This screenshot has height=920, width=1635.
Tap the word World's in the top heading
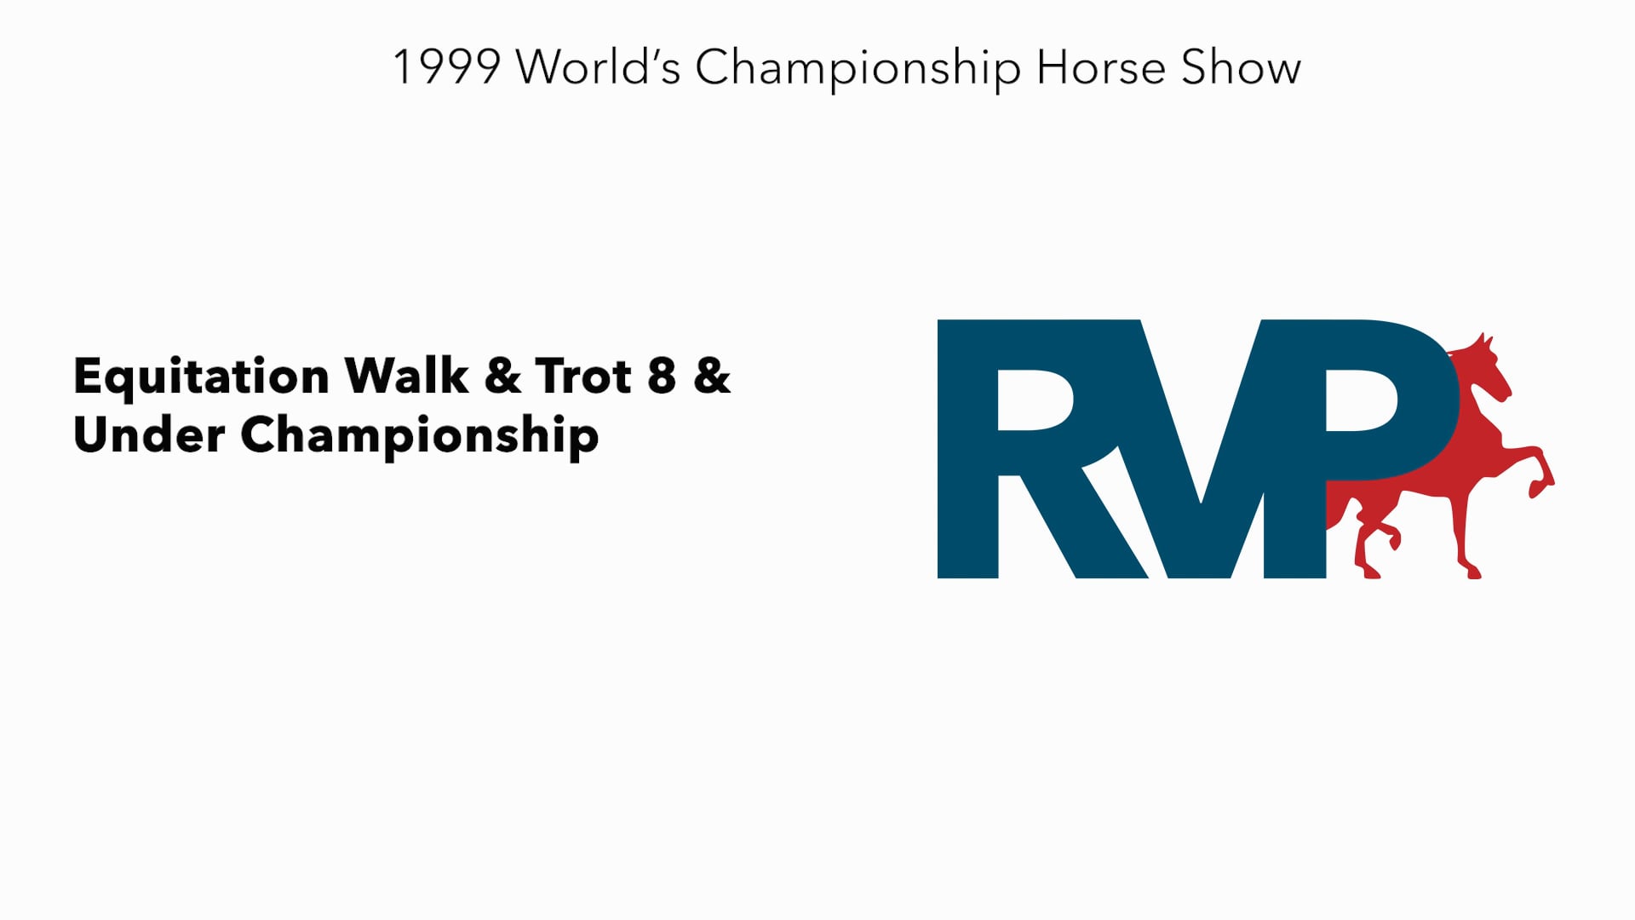click(x=598, y=67)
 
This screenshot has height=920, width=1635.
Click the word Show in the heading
click(x=1241, y=67)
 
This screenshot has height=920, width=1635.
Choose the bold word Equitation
click(x=201, y=377)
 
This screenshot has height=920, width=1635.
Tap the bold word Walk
click(x=406, y=376)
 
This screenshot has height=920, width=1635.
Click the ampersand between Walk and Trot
click(x=502, y=376)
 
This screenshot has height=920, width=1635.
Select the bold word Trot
click(x=583, y=376)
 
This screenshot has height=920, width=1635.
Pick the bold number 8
click(x=662, y=376)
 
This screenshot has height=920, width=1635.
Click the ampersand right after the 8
click(x=712, y=376)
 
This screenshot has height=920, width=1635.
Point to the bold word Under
click(x=149, y=434)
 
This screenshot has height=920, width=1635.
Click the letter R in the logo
click(x=1022, y=449)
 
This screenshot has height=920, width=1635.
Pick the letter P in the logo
click(x=1354, y=409)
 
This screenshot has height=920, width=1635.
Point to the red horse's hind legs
click(x=1375, y=545)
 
